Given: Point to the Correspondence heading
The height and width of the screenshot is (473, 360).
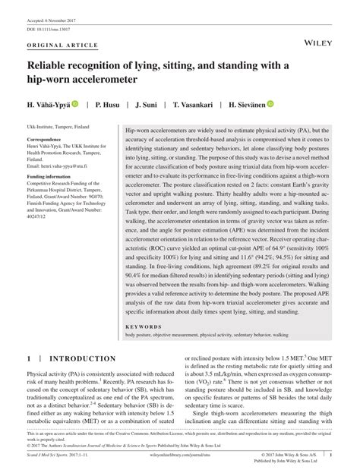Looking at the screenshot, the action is (49, 140).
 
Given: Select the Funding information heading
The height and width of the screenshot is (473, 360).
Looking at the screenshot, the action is (53, 176).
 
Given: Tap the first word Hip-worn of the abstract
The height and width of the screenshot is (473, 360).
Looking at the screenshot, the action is (139, 131).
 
